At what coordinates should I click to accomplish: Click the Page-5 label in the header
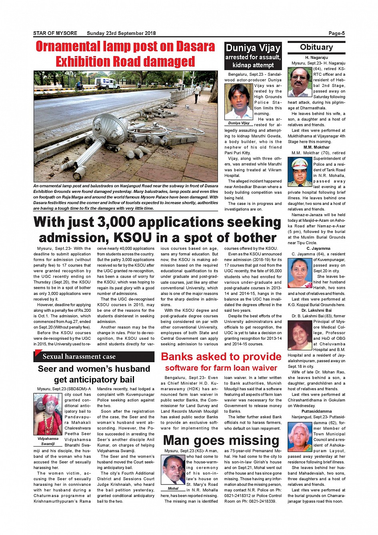pyautogui.click(x=336, y=33)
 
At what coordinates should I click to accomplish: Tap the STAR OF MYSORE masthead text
pyautogui.click(x=55, y=33)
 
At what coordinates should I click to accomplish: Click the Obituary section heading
pyautogui.click(x=316, y=47)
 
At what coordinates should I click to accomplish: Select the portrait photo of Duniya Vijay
pyautogui.click(x=239, y=102)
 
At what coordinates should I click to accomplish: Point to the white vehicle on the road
pyautogui.click(x=107, y=83)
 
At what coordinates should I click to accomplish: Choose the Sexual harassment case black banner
pyautogui.click(x=94, y=357)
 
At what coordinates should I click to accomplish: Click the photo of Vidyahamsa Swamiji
pyautogui.click(x=48, y=415)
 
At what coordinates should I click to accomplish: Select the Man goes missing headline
pyautogui.click(x=221, y=441)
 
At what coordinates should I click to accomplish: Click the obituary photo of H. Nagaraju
pyautogui.click(x=300, y=82)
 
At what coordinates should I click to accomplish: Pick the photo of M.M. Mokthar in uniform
pyautogui.click(x=300, y=172)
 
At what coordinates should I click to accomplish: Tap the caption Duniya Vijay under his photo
pyautogui.click(x=239, y=123)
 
